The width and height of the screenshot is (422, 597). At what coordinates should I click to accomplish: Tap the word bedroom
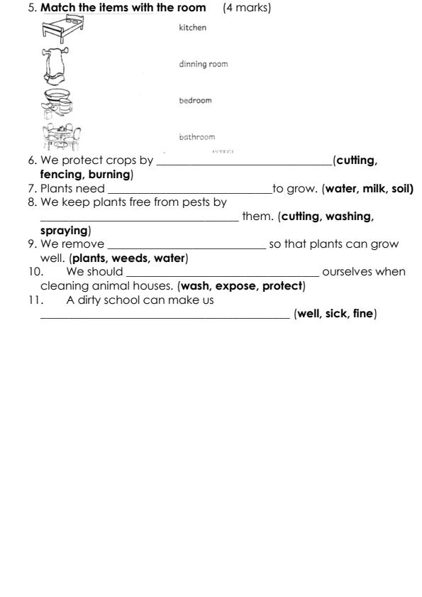coord(195,100)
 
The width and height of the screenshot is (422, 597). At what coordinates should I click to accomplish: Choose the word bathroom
coord(196,136)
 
